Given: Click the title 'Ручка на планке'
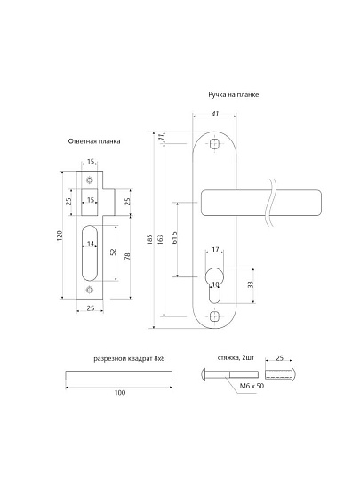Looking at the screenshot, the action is [233, 94].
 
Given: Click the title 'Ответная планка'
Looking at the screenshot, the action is [94, 141].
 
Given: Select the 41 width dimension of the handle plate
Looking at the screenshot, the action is [215, 114].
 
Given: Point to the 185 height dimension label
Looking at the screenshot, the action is [149, 239].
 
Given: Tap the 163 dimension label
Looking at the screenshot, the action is [160, 239].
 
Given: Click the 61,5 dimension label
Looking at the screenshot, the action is [175, 237].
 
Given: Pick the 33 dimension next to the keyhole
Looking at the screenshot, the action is [251, 284].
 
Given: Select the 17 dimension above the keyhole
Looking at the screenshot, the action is [215, 249].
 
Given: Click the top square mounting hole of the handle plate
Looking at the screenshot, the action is [214, 144].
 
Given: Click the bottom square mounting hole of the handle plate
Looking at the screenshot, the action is [214, 316].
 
